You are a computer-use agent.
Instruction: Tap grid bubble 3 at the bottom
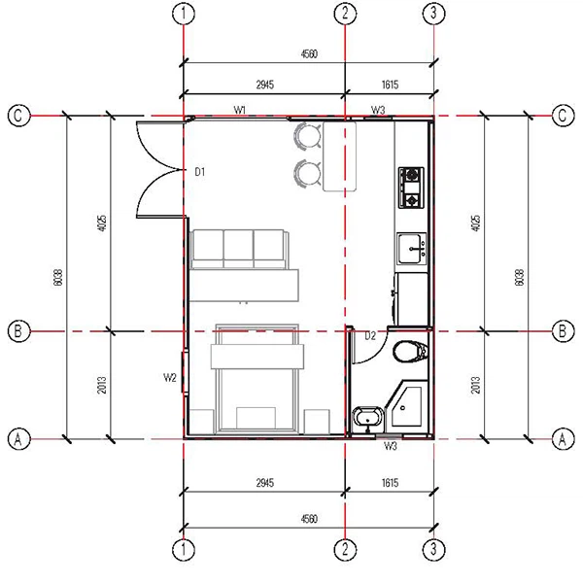pyautogui.click(x=433, y=551)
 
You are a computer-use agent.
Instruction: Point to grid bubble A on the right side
pyautogui.click(x=562, y=439)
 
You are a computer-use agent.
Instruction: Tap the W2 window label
pyautogui.click(x=170, y=377)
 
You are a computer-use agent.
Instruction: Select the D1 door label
pyautogui.click(x=200, y=172)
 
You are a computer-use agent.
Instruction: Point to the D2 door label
pyautogui.click(x=370, y=336)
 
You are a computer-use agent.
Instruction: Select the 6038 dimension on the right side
pyautogui.click(x=521, y=277)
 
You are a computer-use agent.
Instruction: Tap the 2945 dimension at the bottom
pyautogui.click(x=263, y=482)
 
